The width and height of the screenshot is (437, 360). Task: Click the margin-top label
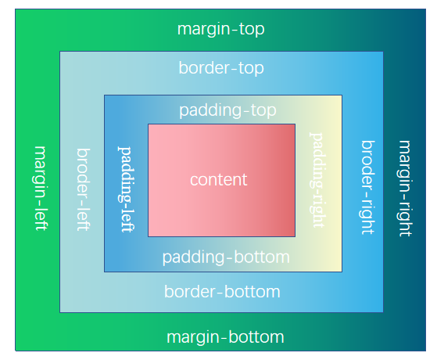(221, 30)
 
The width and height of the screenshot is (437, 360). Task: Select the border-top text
(221, 68)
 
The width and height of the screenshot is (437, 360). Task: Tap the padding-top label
(227, 110)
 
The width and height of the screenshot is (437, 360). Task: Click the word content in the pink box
(218, 179)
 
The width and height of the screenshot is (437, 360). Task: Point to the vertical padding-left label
(125, 187)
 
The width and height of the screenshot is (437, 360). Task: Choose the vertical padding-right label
(317, 179)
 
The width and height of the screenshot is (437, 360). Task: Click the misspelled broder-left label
(83, 189)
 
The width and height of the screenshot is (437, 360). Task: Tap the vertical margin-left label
(41, 188)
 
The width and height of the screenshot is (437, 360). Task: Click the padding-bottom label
(226, 257)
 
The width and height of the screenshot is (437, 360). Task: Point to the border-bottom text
(222, 292)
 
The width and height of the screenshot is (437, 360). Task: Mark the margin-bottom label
(225, 337)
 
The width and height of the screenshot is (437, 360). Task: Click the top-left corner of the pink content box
(148, 124)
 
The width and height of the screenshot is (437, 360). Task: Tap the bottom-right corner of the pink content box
(295, 236)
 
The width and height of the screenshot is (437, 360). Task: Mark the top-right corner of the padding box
(342, 95)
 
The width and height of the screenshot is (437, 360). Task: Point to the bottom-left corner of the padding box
(105, 272)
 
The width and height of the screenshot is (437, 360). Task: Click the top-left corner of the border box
(60, 52)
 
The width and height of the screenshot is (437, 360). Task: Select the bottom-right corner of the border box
(383, 311)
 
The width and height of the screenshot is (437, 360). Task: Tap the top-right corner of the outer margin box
(426, 10)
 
